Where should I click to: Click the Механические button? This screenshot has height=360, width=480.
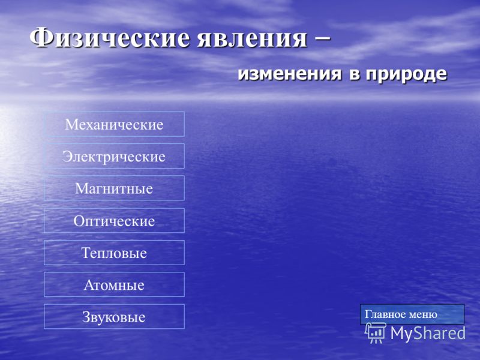click(x=114, y=124)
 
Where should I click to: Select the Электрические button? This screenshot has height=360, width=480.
click(x=114, y=156)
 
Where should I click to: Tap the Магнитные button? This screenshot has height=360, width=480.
click(x=114, y=188)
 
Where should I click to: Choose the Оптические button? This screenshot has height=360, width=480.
click(x=114, y=220)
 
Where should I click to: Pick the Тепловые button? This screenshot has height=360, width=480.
click(x=114, y=253)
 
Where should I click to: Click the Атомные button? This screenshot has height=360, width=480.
click(x=114, y=284)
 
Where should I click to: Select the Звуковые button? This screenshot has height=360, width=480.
click(x=114, y=317)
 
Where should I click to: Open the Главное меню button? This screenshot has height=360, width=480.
click(x=412, y=314)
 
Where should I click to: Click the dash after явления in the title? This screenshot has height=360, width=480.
click(x=322, y=38)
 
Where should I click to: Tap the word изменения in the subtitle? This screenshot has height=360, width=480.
click(x=290, y=74)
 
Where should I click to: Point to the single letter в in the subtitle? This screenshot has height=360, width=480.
click(x=353, y=74)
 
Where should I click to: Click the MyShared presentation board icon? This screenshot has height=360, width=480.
click(x=376, y=333)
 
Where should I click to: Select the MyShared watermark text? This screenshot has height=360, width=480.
click(x=428, y=333)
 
